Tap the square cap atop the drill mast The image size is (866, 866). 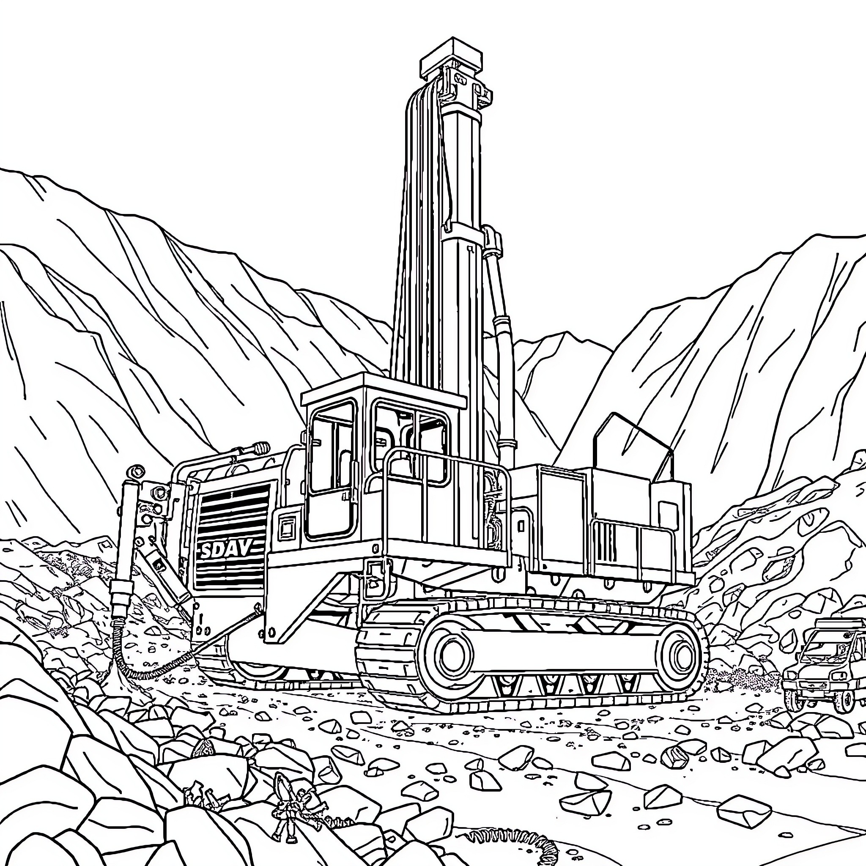click(x=451, y=59)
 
